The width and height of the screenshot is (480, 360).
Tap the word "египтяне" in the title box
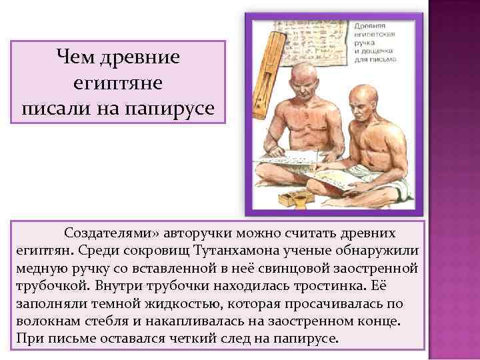tap(119, 82)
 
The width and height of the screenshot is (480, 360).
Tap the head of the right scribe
tap(381, 100)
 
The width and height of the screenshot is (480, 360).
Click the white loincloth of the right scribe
tap(400, 194)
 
